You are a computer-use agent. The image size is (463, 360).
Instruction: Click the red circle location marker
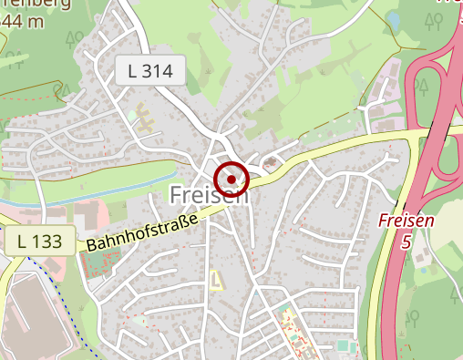click(231, 180)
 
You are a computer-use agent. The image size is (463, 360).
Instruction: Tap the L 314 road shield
click(150, 69)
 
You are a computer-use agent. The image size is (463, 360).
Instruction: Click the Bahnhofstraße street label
click(142, 233)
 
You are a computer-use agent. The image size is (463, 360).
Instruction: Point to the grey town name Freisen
click(208, 196)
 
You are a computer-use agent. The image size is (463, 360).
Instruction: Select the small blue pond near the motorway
click(394, 18)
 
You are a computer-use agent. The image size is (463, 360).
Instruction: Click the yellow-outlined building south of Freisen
click(216, 280)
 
